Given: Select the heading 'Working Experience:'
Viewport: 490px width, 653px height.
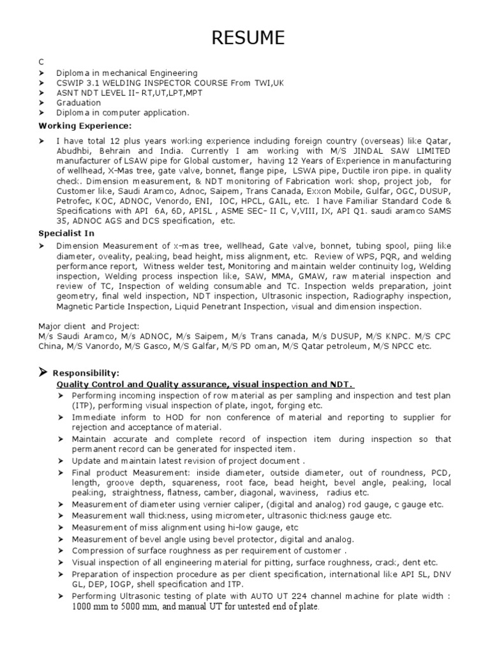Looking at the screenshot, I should tap(85, 125).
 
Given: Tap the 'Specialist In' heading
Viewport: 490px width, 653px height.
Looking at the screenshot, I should tap(66, 233).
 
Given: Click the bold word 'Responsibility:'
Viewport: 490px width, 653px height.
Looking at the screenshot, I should tap(85, 373).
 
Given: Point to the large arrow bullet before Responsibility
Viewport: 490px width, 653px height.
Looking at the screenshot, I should tap(43, 372).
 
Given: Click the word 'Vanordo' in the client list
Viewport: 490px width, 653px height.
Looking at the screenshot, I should tap(100, 346).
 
